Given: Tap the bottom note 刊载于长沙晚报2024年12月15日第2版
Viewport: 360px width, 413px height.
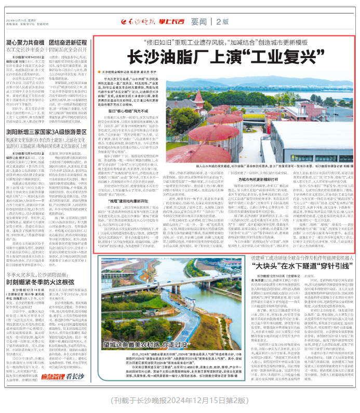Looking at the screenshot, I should pos(180,401).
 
